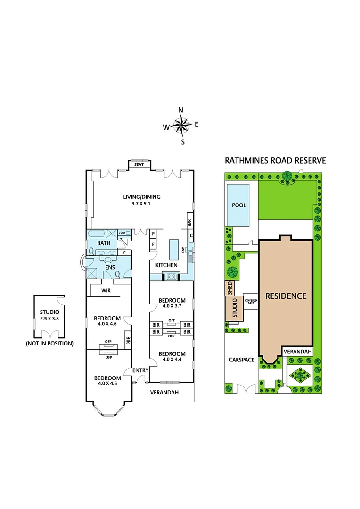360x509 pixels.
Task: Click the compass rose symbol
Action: point(180,125)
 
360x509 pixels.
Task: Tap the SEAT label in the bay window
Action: point(139,164)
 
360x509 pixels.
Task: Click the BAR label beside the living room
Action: point(189,222)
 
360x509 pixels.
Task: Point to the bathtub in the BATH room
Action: point(96,234)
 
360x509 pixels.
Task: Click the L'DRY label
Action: point(123,233)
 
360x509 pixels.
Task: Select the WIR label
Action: point(106,291)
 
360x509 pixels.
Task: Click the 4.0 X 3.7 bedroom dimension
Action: point(172,306)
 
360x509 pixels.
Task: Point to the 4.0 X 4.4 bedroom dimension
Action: point(172,360)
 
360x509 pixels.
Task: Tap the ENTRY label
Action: point(140,370)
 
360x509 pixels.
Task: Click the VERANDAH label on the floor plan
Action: point(164,392)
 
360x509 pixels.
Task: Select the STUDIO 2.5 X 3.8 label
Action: point(49,315)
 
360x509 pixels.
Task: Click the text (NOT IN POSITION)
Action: point(49,344)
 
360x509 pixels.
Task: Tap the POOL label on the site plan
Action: point(239,205)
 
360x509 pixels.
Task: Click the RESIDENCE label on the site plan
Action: point(286,296)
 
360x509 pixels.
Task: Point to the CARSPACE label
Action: point(242,360)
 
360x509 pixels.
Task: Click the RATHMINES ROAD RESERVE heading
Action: point(275,160)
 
